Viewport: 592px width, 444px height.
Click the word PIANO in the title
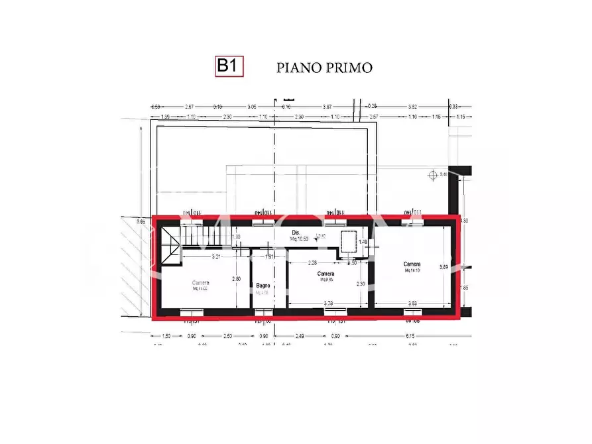click(296, 68)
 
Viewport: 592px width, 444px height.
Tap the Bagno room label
click(263, 286)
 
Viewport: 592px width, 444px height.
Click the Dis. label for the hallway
click(296, 233)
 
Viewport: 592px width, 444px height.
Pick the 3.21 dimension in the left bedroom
click(215, 255)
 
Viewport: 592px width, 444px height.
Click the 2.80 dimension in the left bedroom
click(236, 279)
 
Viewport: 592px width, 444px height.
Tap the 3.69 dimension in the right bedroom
click(444, 267)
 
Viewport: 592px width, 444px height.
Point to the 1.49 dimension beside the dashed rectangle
click(363, 243)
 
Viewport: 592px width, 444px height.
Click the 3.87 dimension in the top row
click(327, 107)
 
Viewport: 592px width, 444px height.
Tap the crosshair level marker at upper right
click(434, 174)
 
